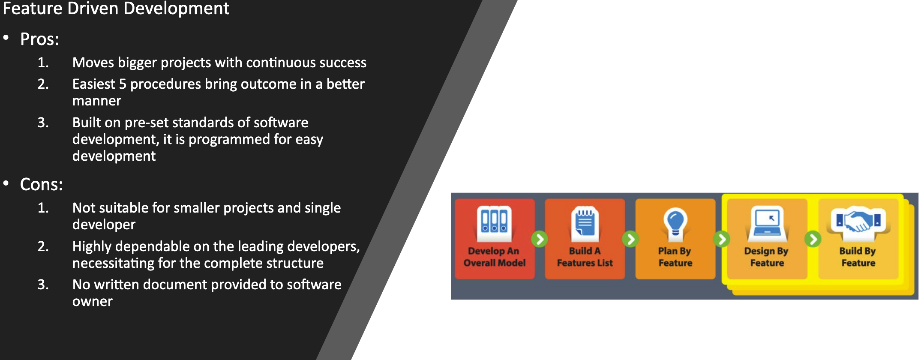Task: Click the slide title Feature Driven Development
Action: (x=116, y=9)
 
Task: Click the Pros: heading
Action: (x=39, y=39)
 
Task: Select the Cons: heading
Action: (x=42, y=185)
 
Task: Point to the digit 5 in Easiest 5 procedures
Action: (x=123, y=84)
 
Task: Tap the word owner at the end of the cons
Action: (x=93, y=302)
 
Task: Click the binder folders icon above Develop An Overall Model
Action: (x=494, y=220)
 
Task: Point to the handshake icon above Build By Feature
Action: (x=858, y=220)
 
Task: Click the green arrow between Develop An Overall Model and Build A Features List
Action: (x=540, y=239)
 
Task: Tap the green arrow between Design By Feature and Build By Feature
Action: (x=813, y=239)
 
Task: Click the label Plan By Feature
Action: (x=675, y=257)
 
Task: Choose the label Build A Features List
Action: (x=585, y=257)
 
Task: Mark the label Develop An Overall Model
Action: (x=494, y=257)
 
